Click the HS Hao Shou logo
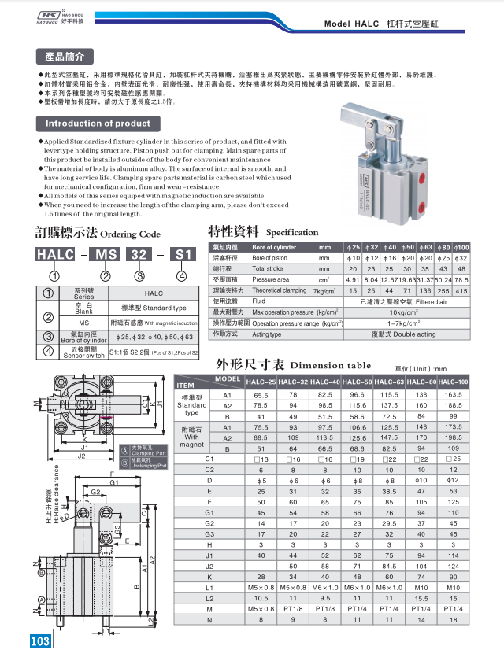coord(53,17)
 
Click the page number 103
coord(40,641)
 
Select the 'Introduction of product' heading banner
coord(98,124)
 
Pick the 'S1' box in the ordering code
coord(183,254)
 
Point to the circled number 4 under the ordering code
coord(182,275)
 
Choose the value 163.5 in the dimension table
coord(454,394)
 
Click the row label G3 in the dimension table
coord(209,533)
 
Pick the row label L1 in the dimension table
coord(209,587)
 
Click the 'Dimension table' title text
coord(330,365)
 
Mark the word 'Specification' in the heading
coord(293,232)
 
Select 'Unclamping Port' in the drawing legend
coord(149,464)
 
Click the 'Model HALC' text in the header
coord(354,24)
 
